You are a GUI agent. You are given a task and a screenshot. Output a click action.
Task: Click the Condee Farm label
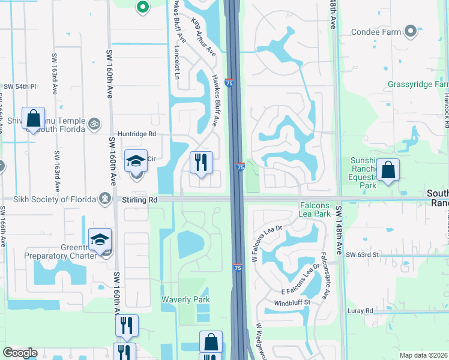click(x=376, y=32)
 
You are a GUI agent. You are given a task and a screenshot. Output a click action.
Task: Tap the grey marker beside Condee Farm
click(x=411, y=31)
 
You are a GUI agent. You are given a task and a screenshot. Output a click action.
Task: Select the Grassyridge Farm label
click(x=418, y=85)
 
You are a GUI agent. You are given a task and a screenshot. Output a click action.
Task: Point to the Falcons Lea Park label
click(x=315, y=209)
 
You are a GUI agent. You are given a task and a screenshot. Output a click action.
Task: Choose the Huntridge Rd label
click(x=137, y=134)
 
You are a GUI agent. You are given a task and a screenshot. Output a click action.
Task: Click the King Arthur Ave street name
click(x=203, y=37)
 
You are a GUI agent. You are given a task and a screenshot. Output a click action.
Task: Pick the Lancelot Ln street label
click(x=177, y=61)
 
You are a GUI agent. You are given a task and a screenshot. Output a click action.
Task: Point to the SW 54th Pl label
click(x=20, y=87)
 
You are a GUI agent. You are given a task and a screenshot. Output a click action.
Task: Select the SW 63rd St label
click(x=363, y=255)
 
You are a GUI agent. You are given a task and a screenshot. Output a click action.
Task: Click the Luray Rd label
click(x=360, y=310)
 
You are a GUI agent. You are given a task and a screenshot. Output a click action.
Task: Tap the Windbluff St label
click(x=291, y=302)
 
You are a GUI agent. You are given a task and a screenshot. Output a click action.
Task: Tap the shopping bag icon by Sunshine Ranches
click(x=388, y=170)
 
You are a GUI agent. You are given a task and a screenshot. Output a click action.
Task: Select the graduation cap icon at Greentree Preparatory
click(x=100, y=239)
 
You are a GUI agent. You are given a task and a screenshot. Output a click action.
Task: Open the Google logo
click(x=20, y=353)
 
